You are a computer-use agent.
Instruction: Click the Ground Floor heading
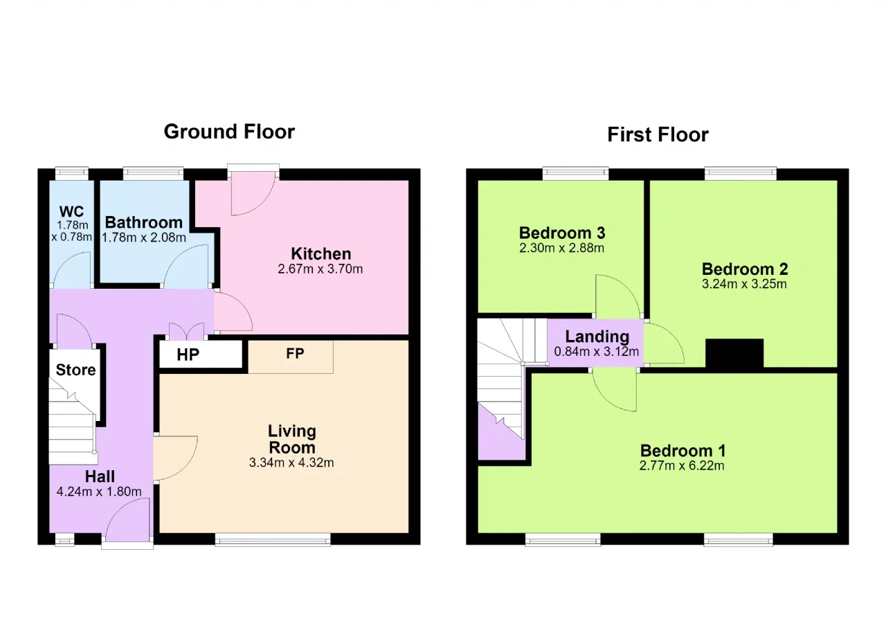229,132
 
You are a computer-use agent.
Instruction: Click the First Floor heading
658,134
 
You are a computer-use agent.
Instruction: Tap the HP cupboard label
188,355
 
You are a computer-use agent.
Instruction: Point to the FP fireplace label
295,353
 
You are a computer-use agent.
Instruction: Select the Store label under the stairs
75,370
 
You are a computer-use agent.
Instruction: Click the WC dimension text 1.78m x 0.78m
72,231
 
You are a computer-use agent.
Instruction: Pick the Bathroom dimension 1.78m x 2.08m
144,238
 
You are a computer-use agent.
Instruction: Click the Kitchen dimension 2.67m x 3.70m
320,269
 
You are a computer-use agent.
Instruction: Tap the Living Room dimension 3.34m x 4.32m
291,463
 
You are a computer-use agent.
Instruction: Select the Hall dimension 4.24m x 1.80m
99,492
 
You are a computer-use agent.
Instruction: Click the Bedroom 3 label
562,233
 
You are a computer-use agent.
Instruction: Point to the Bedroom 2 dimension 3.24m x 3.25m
744,284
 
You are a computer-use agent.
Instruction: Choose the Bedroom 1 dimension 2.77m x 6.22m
682,465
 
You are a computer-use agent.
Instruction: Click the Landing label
597,337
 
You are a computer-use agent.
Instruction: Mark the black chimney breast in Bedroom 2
734,353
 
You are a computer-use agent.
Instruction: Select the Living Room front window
273,539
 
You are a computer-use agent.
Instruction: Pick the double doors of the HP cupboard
187,332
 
